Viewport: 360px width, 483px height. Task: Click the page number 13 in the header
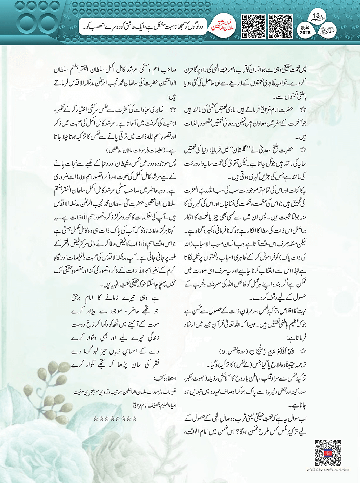(316, 16)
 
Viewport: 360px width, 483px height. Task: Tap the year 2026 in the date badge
(305, 33)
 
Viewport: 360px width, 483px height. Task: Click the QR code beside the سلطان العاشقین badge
(253, 26)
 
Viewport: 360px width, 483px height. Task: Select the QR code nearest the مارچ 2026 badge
(280, 26)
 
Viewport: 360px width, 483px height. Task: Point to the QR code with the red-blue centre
(328, 452)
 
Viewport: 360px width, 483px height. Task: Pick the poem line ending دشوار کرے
(115, 338)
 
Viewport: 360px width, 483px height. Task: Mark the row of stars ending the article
(115, 418)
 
